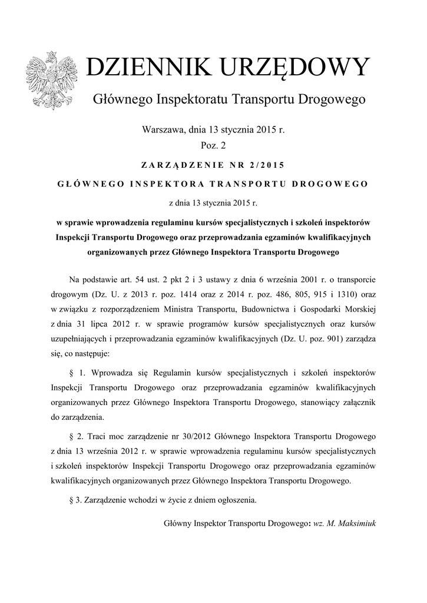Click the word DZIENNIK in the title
click(150, 68)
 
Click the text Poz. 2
click(214, 144)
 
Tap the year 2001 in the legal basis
click(295, 278)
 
